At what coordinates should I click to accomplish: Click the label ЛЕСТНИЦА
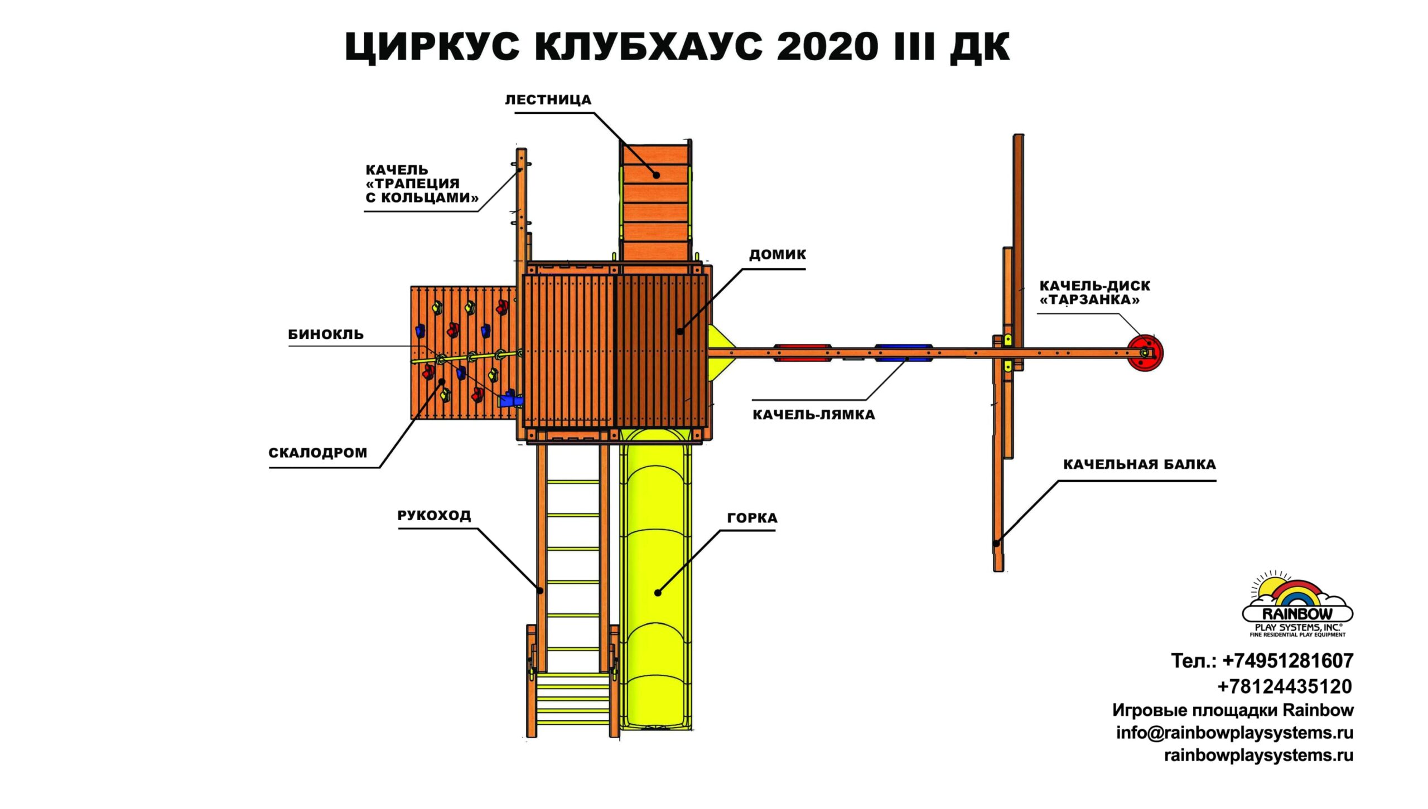[x=548, y=100]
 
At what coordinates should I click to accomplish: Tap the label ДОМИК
[x=777, y=255]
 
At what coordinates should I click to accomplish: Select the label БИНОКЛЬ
[x=326, y=335]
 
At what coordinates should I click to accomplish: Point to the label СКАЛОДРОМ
[x=318, y=453]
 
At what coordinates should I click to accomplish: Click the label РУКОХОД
[x=434, y=515]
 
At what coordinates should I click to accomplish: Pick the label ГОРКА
[x=752, y=518]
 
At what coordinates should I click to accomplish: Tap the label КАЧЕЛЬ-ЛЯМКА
[x=814, y=415]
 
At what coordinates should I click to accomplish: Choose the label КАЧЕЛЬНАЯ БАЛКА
[x=1140, y=464]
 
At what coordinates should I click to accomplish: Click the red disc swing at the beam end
[x=1145, y=353]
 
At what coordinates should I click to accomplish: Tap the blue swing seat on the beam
[x=903, y=353]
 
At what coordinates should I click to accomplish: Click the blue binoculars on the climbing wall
[x=510, y=400]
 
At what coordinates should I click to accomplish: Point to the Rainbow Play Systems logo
[x=1297, y=604]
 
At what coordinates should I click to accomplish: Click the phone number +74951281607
[x=1288, y=661]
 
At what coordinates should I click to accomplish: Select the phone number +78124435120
[x=1285, y=686]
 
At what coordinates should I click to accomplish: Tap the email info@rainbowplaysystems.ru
[x=1235, y=733]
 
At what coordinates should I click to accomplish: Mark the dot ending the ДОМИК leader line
[x=680, y=332]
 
